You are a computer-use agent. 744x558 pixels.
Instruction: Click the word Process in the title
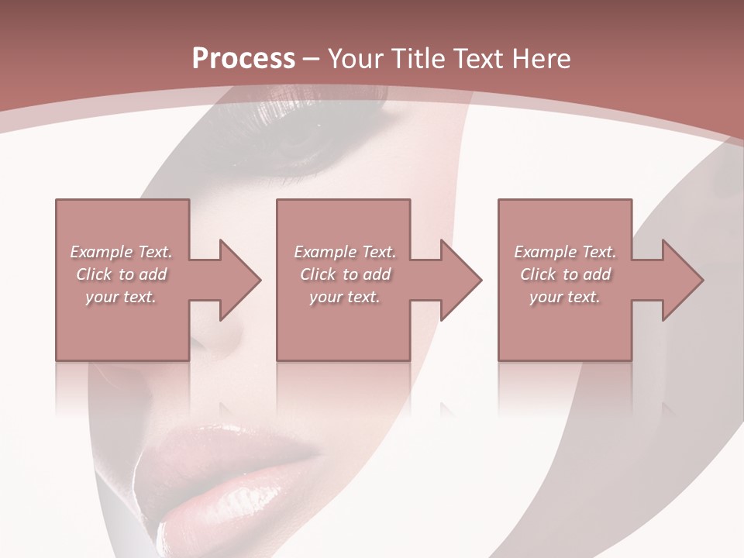243,59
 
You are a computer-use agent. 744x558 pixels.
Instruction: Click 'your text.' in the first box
120,297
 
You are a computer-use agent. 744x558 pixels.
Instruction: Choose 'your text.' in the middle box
344,297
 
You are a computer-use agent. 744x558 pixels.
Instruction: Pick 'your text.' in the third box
564,297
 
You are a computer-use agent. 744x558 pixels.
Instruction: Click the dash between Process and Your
311,60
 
